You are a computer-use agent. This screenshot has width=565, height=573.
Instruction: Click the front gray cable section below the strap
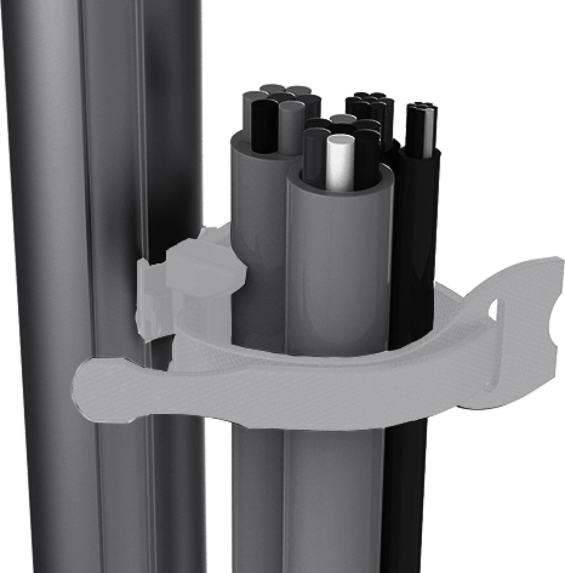335,495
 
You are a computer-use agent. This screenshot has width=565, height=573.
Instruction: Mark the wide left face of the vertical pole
46,283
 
